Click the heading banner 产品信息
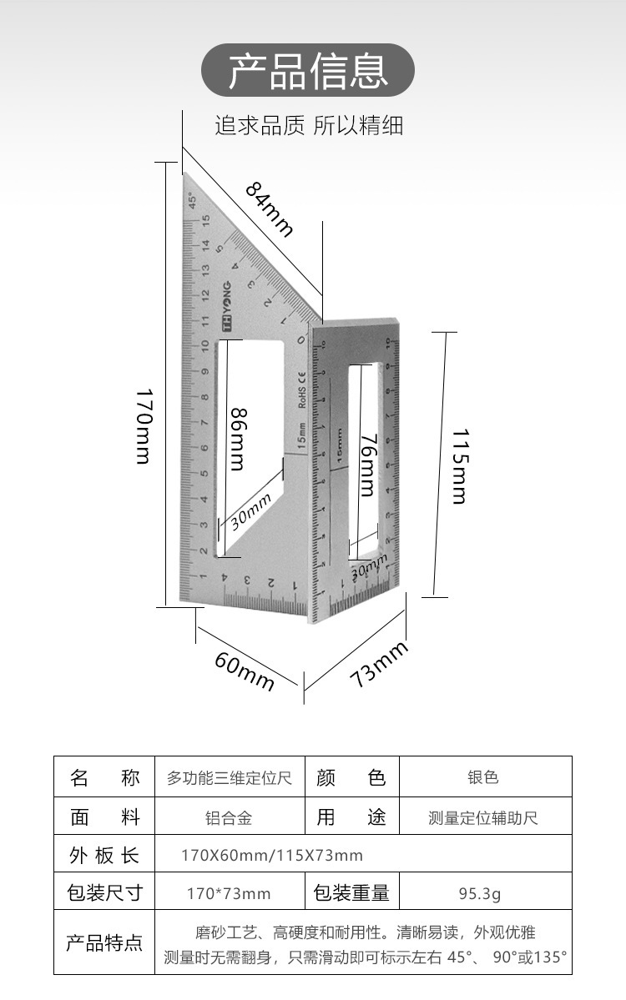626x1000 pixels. click(x=308, y=71)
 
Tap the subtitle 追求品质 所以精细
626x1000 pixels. click(x=309, y=126)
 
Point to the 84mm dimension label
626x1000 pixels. click(x=270, y=209)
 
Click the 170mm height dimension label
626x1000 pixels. click(x=144, y=425)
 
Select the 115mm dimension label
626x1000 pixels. click(x=458, y=466)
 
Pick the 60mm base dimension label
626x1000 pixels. click(x=245, y=671)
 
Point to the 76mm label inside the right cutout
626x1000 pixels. click(x=367, y=466)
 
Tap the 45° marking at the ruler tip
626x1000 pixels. click(x=192, y=201)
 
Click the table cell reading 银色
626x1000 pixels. click(x=483, y=777)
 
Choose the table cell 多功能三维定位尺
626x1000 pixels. click(x=230, y=778)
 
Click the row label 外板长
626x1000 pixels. click(x=104, y=856)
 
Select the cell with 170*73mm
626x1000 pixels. click(x=229, y=894)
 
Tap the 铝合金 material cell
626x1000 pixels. click(x=229, y=818)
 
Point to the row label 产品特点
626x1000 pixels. click(x=104, y=943)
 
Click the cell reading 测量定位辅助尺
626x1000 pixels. click(x=483, y=818)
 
